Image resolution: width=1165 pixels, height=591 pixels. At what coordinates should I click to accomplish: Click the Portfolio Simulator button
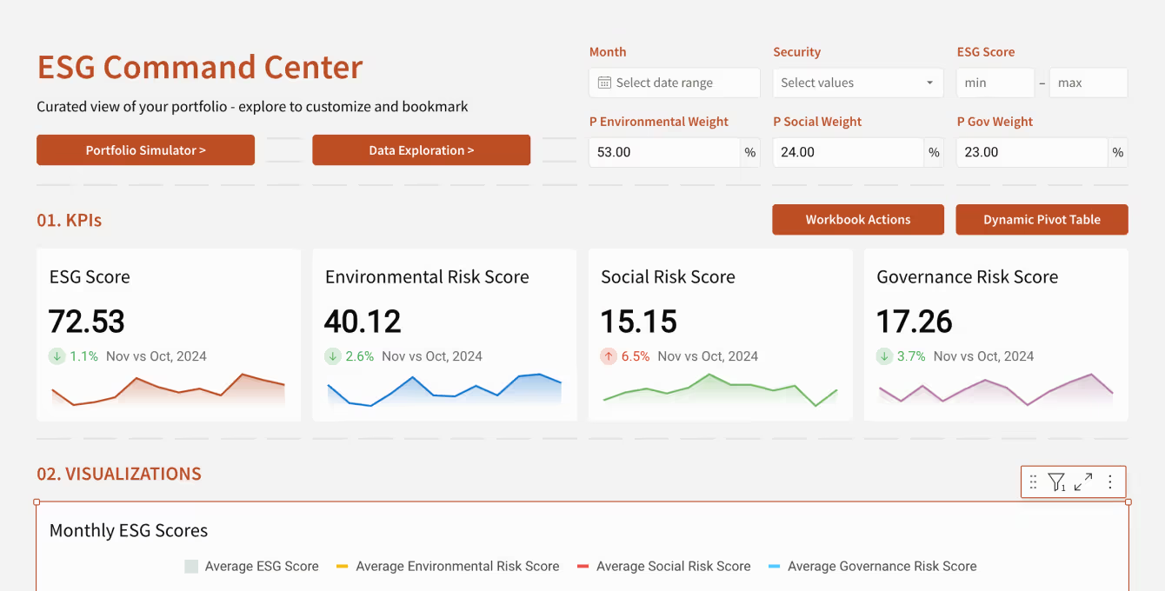146,150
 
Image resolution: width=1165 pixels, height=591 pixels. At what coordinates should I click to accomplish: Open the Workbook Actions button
858,219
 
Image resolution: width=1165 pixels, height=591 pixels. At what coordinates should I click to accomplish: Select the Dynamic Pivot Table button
1042,219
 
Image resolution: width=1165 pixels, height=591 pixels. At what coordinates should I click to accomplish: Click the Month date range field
675,83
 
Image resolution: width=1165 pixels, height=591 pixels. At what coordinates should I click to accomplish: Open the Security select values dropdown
858,83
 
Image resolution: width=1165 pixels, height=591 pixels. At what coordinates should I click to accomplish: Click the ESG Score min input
995,83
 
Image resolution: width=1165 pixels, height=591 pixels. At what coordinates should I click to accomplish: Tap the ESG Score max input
1088,83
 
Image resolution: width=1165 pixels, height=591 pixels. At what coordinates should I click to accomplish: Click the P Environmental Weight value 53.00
614,152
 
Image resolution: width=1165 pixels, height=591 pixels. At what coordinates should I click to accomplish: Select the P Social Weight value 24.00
797,152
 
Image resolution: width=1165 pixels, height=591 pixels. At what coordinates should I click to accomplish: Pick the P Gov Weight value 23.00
982,152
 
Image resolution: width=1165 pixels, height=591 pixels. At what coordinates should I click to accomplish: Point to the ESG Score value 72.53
86,322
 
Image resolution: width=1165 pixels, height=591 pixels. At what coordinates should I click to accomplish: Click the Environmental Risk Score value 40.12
363,322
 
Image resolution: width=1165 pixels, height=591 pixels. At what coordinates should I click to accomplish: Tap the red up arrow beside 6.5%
609,356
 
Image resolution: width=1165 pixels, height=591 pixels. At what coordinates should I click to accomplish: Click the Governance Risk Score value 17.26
915,322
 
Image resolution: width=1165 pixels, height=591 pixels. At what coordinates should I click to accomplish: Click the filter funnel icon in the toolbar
1057,481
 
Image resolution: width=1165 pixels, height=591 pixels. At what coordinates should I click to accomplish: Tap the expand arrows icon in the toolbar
1083,481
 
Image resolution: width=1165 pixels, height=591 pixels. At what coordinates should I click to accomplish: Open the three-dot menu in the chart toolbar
1110,481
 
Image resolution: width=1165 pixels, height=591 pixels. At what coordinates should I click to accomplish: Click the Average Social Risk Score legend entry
664,566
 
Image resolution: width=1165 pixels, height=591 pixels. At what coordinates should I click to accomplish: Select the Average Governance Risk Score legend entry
873,566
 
